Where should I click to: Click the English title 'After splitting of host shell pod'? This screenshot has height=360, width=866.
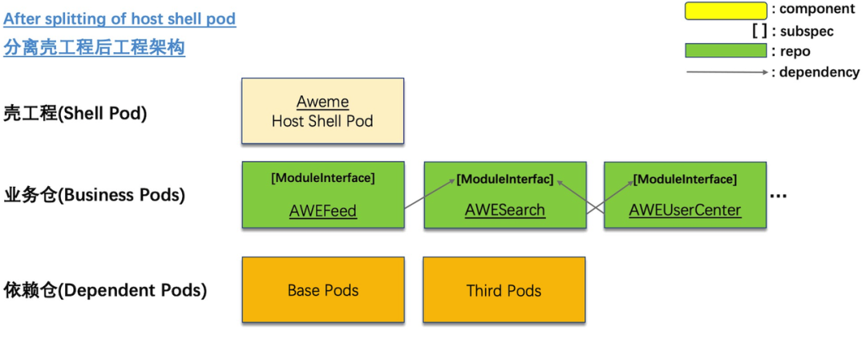[119, 19]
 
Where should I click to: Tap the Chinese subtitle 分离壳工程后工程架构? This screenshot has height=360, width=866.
[95, 48]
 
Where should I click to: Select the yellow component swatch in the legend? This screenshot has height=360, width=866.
[726, 11]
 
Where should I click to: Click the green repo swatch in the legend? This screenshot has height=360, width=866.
[726, 51]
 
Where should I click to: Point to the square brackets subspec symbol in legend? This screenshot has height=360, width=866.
[759, 31]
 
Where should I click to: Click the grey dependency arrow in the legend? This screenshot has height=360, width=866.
[726, 72]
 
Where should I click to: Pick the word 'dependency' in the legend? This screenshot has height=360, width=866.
[819, 72]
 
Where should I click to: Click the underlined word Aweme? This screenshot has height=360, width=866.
[322, 102]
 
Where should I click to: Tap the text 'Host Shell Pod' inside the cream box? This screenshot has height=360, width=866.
[322, 121]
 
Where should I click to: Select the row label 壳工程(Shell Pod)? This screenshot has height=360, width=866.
[75, 115]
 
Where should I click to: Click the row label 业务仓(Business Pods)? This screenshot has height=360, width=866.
[94, 195]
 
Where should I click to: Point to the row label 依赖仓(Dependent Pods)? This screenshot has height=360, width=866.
[105, 290]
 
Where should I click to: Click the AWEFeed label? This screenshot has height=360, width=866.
[323, 210]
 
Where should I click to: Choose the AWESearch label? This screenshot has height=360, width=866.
[505, 210]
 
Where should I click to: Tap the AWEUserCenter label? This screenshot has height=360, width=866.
[685, 210]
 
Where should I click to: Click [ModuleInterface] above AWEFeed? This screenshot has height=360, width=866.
[323, 178]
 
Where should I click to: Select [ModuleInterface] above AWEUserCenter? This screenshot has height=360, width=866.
[685, 180]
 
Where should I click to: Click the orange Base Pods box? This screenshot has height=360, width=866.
[323, 290]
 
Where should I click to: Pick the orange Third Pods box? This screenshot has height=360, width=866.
[504, 290]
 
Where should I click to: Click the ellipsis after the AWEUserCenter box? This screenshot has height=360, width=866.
[778, 196]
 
